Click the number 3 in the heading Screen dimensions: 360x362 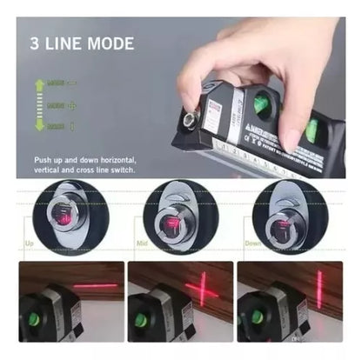[35, 43]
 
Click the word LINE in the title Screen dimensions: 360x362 [64, 43]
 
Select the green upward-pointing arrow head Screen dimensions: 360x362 [39, 83]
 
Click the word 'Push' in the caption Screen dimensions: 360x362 [44, 161]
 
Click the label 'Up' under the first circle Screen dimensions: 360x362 [29, 244]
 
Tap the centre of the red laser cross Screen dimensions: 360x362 [202, 288]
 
